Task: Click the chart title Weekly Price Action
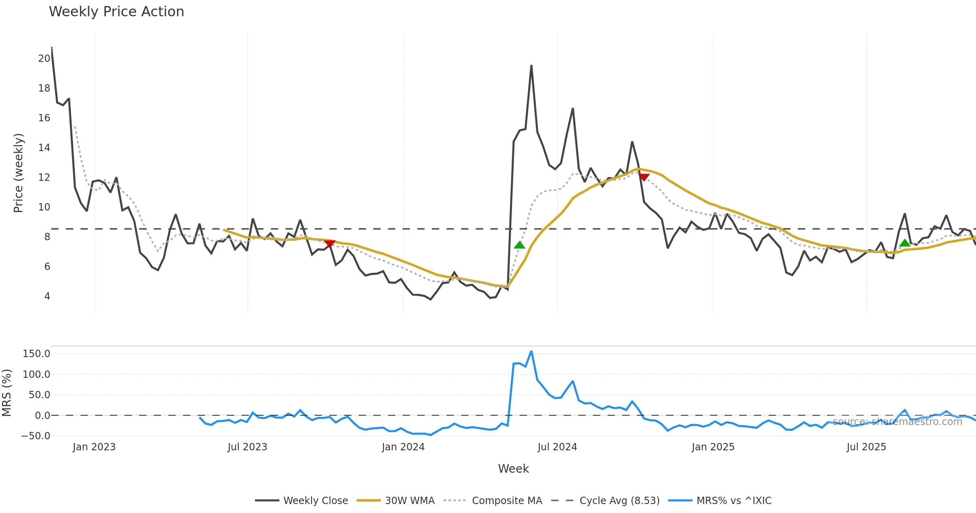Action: pyautogui.click(x=116, y=12)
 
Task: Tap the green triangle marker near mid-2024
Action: pyautogui.click(x=519, y=245)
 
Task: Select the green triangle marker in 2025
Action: pyautogui.click(x=905, y=243)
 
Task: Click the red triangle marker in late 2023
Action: pyautogui.click(x=330, y=243)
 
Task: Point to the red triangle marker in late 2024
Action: pyautogui.click(x=644, y=177)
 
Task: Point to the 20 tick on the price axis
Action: pyautogui.click(x=44, y=59)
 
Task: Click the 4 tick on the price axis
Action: pyautogui.click(x=47, y=296)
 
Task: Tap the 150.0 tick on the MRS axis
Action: pyautogui.click(x=36, y=354)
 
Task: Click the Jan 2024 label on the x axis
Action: pyautogui.click(x=403, y=447)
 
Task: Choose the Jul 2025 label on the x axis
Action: pyautogui.click(x=866, y=447)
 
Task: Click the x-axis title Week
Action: pyautogui.click(x=513, y=469)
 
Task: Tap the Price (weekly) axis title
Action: pyautogui.click(x=18, y=173)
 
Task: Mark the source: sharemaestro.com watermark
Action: pyautogui.click(x=897, y=422)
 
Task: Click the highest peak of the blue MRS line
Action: pyautogui.click(x=531, y=351)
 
